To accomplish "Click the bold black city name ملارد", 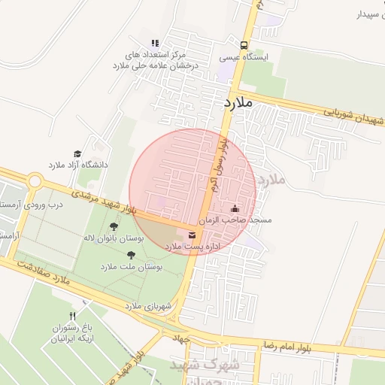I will (x=238, y=102).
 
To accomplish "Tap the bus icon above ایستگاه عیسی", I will (x=243, y=44).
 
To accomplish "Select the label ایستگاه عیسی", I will (x=240, y=56).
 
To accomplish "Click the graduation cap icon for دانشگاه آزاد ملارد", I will (x=77, y=153).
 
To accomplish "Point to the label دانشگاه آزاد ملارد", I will (x=79, y=164).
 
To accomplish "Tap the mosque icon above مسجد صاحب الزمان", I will (x=235, y=208).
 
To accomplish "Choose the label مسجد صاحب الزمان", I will (x=235, y=220).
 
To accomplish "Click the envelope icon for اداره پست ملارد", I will (x=191, y=236).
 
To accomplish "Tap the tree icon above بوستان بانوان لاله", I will (x=114, y=226).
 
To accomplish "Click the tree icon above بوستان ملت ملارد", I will (x=131, y=255).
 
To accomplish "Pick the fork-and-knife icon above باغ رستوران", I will (x=73, y=316).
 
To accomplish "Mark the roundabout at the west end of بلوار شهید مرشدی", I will (x=35, y=181).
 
